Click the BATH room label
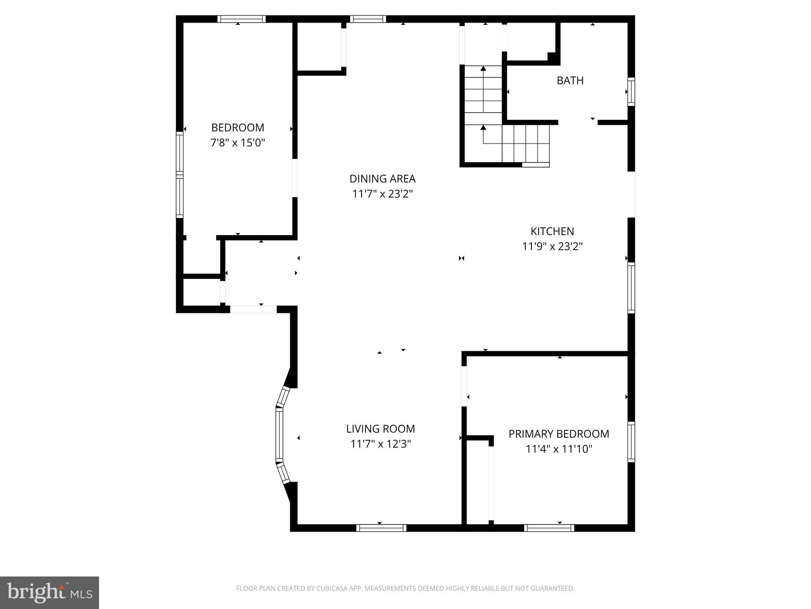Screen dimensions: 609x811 tap(570, 80)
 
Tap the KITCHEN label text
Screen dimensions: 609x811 tap(552, 231)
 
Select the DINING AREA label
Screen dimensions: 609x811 tap(382, 179)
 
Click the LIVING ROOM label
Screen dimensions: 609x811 tap(381, 429)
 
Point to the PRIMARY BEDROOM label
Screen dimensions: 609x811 tap(558, 434)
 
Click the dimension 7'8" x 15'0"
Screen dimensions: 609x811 tap(238, 143)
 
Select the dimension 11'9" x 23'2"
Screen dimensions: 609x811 tap(552, 247)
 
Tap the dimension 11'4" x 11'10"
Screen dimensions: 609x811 tap(558, 449)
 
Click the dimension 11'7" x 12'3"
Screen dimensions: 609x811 tap(381, 444)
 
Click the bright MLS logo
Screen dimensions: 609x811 tap(49, 592)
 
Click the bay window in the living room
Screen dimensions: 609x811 tap(280, 435)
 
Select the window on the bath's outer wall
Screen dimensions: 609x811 tap(631, 92)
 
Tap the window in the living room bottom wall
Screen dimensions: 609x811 tap(381, 528)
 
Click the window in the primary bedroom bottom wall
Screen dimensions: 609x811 tap(549, 528)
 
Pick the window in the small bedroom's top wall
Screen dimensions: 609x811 tap(241, 19)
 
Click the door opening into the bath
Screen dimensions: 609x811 tap(578, 122)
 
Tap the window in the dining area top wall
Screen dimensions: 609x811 tap(368, 19)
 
